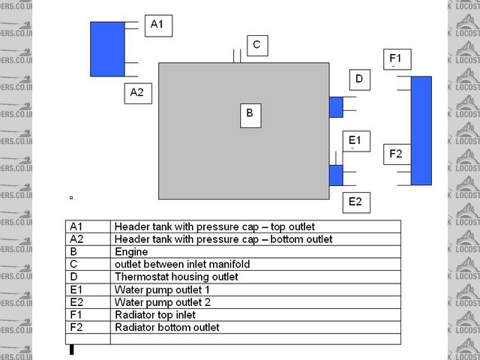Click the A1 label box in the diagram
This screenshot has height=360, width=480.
[x=157, y=24]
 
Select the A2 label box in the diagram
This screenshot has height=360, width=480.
[x=137, y=92]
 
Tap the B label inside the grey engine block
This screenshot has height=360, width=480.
[x=250, y=114]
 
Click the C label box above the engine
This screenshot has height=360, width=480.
[x=256, y=45]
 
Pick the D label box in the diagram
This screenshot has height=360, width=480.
[x=359, y=79]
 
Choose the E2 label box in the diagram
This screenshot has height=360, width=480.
[x=355, y=201]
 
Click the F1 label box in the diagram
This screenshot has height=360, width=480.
[x=395, y=58]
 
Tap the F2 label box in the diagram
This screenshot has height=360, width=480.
[x=396, y=154]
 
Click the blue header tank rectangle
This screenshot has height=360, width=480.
[x=107, y=49]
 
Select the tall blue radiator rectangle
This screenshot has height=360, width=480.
[x=421, y=130]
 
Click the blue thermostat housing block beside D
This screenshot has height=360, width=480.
[x=336, y=106]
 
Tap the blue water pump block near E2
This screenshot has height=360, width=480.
[x=336, y=175]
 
